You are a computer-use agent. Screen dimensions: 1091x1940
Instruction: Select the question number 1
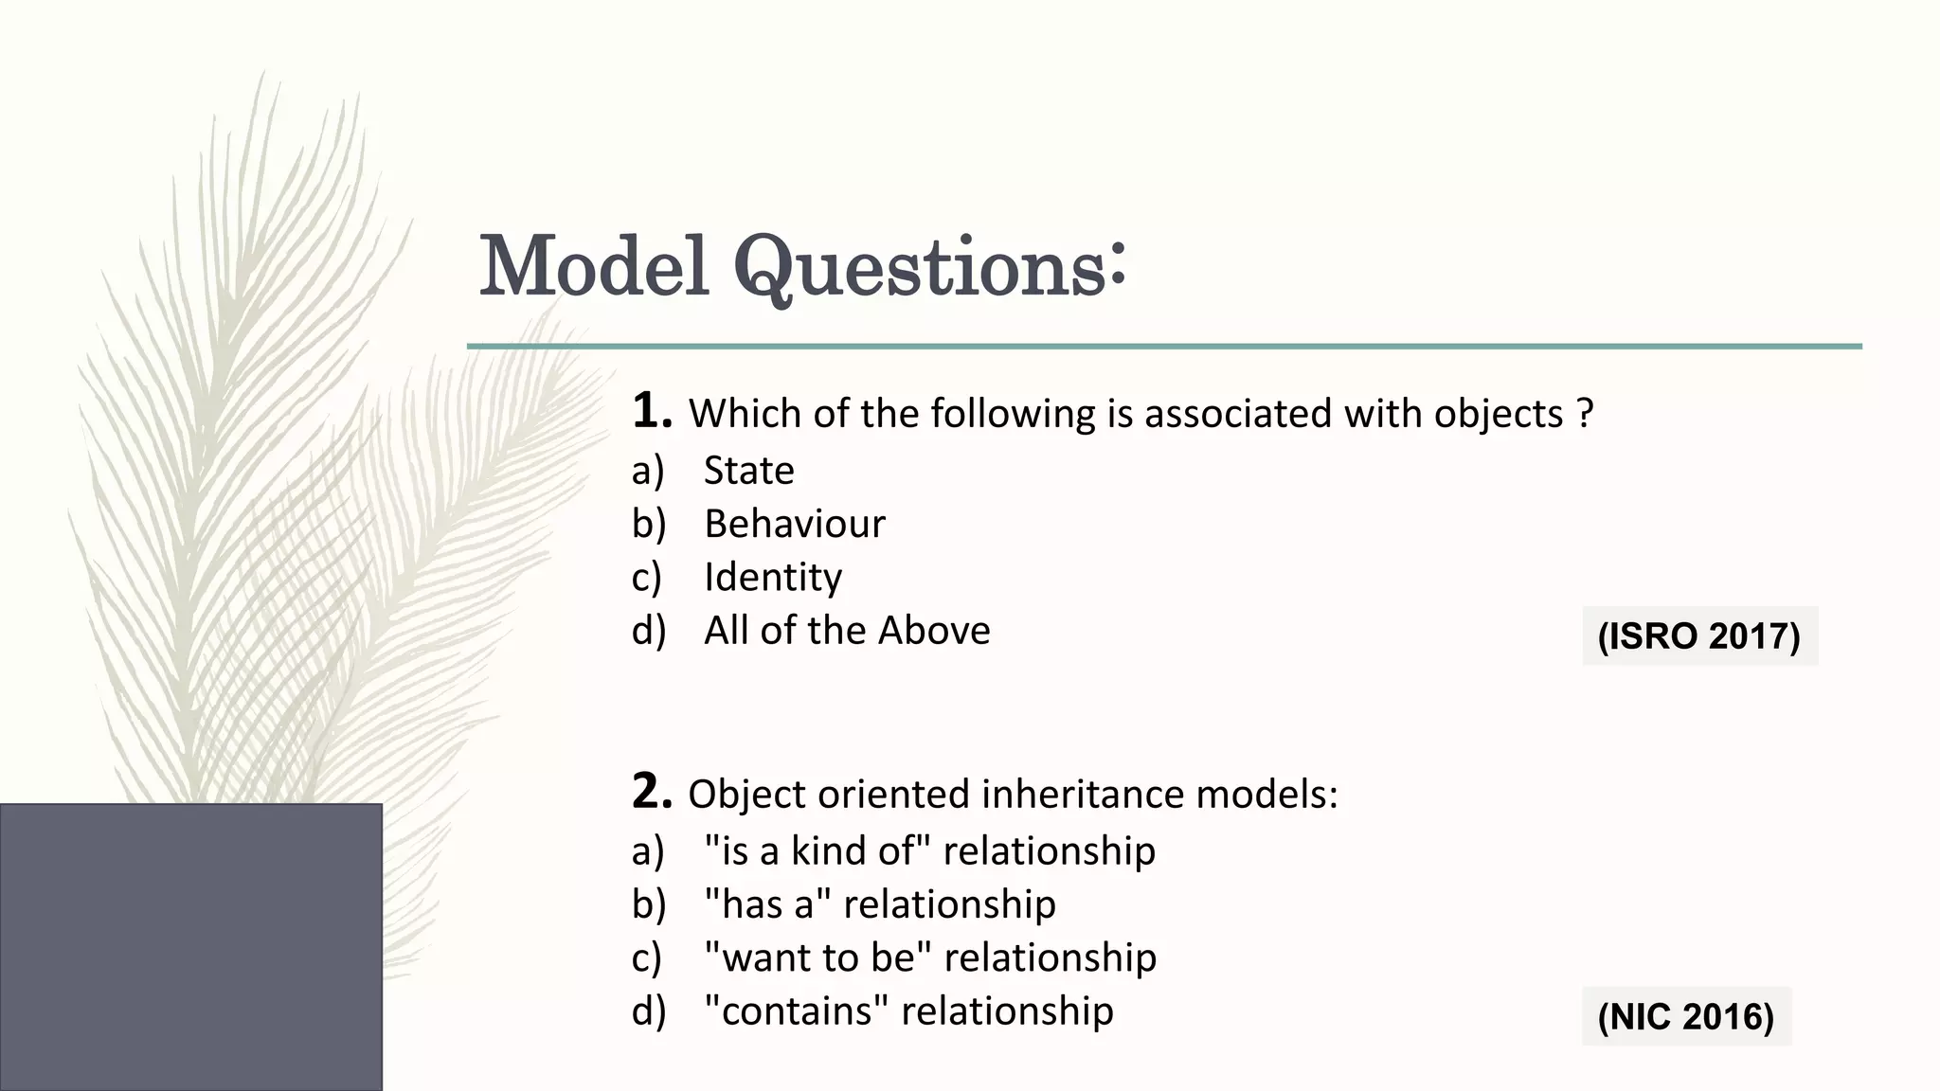650,411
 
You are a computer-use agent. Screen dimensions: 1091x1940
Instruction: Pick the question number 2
650,792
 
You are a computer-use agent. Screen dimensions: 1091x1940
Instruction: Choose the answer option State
748,471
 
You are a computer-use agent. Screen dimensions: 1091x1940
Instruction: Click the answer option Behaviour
794,524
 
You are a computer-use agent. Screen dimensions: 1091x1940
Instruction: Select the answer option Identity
772,577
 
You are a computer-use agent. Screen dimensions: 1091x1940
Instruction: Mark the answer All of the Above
846,631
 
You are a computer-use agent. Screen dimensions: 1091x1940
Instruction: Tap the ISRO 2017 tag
1698,636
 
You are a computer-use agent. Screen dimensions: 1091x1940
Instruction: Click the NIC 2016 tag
1685,1017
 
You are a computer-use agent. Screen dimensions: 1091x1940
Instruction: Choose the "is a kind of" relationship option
929,850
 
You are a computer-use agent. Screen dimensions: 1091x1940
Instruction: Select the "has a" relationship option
879,904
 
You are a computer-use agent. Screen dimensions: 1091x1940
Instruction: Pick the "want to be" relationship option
929,957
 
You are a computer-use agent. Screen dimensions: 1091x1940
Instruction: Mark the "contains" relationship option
908,1011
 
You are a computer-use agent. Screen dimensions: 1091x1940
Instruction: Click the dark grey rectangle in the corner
190,946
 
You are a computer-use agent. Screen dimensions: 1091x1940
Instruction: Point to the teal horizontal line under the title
1163,347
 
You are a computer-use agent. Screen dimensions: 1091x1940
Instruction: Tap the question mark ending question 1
1586,414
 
